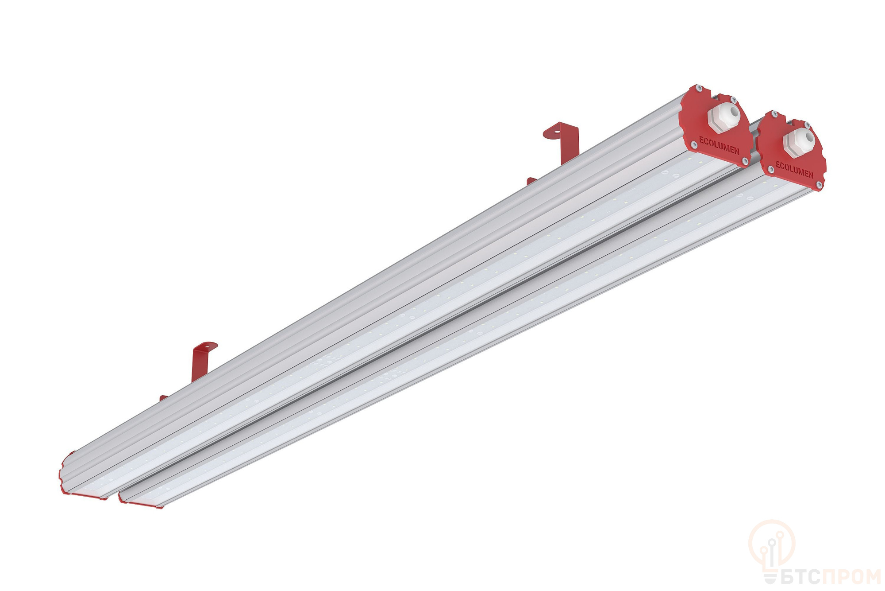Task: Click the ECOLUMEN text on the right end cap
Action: pos(794,170)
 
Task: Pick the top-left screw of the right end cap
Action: pos(774,114)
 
